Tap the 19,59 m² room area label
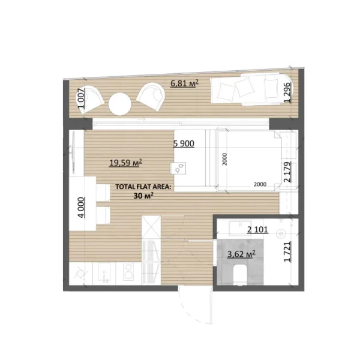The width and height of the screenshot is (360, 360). [125, 162]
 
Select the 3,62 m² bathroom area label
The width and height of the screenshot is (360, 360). [241, 254]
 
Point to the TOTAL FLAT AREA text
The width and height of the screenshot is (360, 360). [143, 187]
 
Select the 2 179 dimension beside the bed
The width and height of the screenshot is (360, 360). [287, 171]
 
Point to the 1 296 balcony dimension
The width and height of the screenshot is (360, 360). [287, 92]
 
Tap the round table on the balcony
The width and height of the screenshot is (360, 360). [121, 105]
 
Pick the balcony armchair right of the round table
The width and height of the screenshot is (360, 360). [151, 95]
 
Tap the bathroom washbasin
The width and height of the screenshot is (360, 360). [280, 230]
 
